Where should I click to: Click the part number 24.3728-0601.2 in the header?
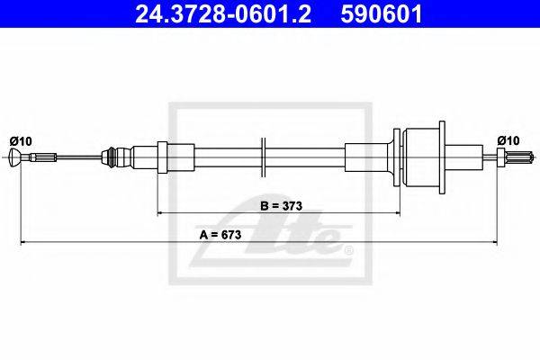point(223,14)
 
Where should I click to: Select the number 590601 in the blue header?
point(382,14)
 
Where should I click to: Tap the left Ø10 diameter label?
point(21,141)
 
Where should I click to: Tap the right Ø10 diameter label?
point(508,140)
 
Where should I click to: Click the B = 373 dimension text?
point(282,206)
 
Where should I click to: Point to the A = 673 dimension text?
point(220,235)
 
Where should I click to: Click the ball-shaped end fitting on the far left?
point(14,157)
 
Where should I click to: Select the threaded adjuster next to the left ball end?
point(42,157)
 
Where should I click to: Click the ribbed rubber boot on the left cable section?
point(110,157)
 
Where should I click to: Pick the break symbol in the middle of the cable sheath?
point(263,157)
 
